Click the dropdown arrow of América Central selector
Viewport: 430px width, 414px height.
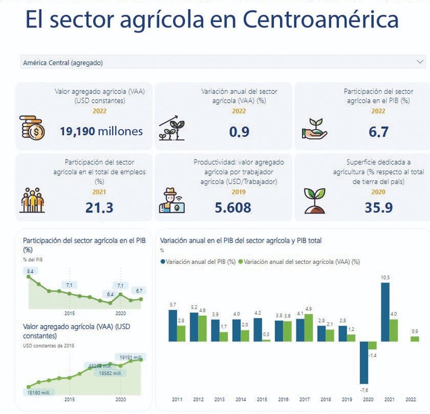point(420,62)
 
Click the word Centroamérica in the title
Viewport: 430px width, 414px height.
point(320,20)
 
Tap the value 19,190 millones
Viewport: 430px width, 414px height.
point(101,131)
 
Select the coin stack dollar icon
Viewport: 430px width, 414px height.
point(32,128)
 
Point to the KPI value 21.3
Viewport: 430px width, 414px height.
point(99,207)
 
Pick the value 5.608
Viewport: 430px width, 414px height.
point(233,208)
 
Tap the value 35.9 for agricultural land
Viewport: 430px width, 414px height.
point(378,208)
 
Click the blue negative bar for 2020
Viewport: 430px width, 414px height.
point(364,362)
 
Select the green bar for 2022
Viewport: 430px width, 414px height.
point(414,338)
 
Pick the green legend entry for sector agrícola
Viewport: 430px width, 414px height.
point(301,262)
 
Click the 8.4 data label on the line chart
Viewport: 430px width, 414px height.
point(30,271)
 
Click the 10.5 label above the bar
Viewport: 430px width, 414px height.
point(385,278)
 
